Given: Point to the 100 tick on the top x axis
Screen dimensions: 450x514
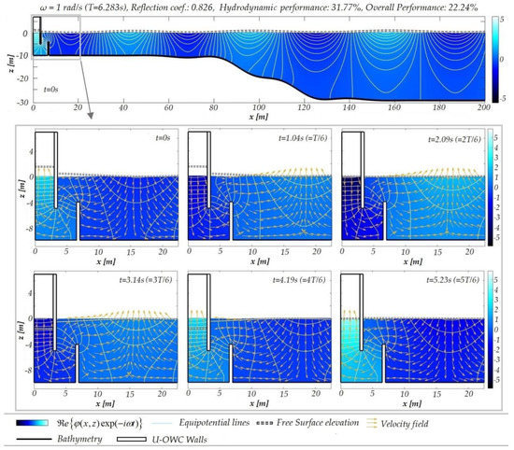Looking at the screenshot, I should (x=259, y=108).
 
